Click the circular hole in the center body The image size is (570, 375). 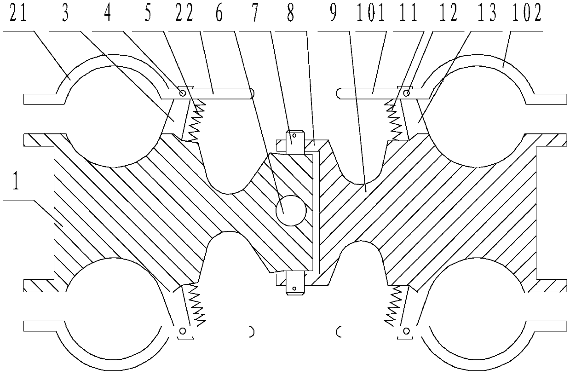[290, 211]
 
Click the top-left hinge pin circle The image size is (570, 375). [183, 93]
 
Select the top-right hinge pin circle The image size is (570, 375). [406, 93]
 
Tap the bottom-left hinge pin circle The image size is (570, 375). [183, 330]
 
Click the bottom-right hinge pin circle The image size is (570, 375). [406, 330]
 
